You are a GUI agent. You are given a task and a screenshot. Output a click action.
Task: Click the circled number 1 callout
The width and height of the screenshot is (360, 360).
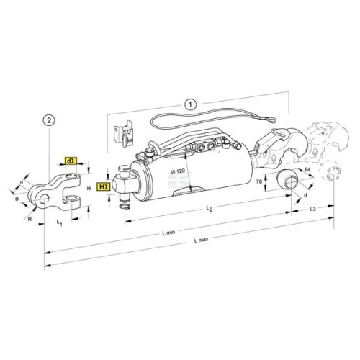[x=191, y=104]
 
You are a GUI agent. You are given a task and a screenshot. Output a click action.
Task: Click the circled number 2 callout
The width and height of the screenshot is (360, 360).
[x=49, y=120]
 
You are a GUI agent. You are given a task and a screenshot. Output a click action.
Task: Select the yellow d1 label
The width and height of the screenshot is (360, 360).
[x=71, y=161]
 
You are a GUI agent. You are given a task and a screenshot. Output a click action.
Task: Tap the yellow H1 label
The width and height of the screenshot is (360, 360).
[x=104, y=186]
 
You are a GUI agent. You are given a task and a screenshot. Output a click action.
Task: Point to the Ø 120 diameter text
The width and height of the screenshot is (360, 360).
[x=178, y=171]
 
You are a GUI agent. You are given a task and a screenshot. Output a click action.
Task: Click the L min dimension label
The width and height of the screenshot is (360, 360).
[x=168, y=233]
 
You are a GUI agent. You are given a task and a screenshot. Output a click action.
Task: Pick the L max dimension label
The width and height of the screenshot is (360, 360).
[x=202, y=240]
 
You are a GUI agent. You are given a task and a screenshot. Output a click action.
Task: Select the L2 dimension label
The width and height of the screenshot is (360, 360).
[x=210, y=209]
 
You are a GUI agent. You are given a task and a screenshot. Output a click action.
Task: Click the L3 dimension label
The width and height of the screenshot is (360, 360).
[x=312, y=209]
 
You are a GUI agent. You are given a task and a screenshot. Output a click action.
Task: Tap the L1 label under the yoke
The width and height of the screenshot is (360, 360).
[x=59, y=223]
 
